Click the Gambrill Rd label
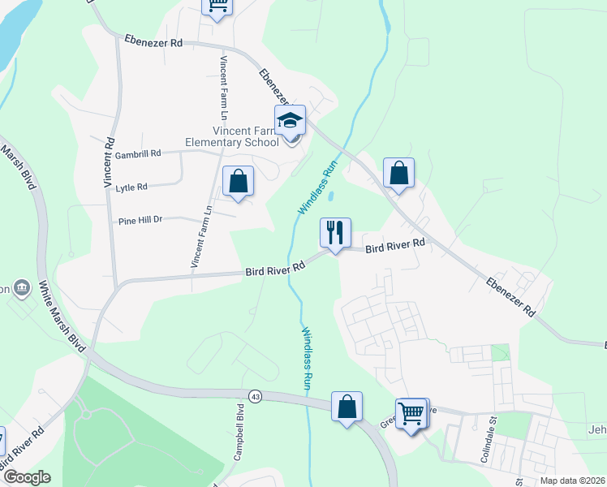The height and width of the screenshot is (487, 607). (138, 153)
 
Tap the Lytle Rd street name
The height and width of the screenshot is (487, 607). (131, 187)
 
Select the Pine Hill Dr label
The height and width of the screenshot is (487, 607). (140, 219)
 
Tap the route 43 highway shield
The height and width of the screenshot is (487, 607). (256, 396)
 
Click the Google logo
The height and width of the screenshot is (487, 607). (26, 477)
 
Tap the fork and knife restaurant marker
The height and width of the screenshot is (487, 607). (335, 233)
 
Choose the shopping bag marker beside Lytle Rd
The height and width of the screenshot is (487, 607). (238, 181)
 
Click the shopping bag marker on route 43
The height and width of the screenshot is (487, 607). (347, 407)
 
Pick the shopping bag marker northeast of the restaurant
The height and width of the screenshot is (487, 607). (398, 173)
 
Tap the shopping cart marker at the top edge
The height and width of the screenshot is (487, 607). (217, 4)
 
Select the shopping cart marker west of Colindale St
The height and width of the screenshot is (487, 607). (411, 414)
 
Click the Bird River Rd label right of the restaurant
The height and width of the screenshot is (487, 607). (394, 244)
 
